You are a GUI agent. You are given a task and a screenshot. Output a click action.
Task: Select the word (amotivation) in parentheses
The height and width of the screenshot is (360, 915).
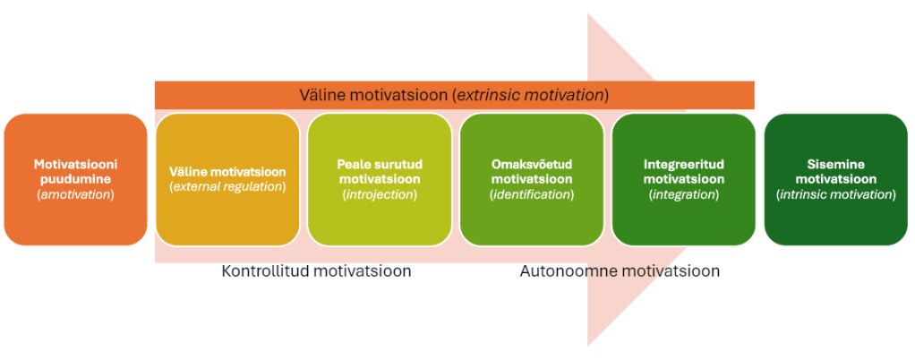75,194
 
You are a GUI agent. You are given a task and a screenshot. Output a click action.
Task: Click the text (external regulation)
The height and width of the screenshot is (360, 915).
227,187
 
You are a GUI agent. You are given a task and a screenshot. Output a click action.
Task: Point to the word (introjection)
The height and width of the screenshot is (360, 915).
380,194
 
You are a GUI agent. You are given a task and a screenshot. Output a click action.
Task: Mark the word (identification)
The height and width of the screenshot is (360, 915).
532,194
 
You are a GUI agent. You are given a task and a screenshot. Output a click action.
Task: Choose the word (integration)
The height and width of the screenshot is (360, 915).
684,194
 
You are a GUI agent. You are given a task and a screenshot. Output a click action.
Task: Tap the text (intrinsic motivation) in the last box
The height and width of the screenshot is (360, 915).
836,194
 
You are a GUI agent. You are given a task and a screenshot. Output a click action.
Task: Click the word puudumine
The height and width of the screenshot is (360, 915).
75,180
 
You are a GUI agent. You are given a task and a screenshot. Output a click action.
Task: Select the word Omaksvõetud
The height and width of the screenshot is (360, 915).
532,165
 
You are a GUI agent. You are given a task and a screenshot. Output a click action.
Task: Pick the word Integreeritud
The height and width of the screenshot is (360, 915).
684,165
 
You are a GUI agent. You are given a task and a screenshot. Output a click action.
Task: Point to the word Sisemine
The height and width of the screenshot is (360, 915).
836,165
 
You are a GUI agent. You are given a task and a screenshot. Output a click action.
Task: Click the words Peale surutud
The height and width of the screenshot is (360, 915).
380,165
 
